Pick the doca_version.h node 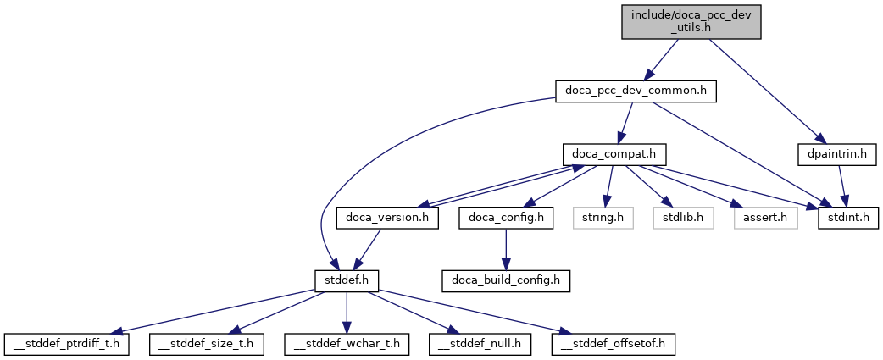pos(387,218)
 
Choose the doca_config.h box pos(506,218)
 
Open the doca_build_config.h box pos(506,280)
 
